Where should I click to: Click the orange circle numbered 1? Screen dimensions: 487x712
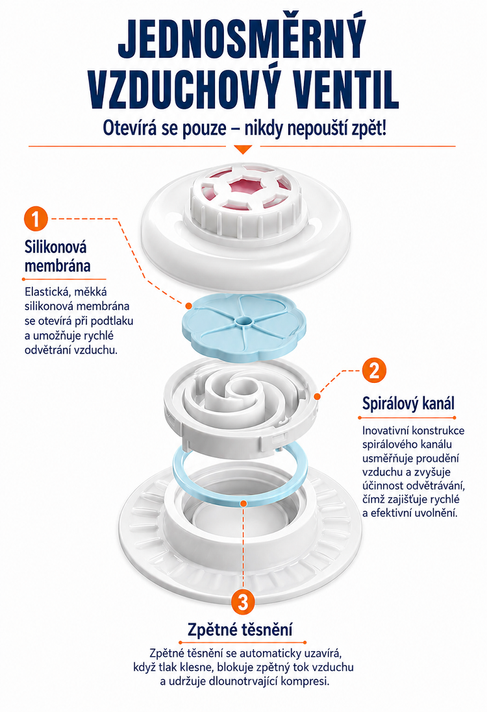pos(36,219)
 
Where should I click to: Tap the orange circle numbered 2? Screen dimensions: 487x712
pos(374,371)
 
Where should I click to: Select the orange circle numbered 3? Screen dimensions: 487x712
pos(243,602)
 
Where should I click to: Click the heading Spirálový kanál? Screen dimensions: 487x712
pos(408,403)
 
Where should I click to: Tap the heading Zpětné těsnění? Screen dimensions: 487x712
pos(240,630)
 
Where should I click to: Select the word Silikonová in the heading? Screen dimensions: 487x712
pos(55,247)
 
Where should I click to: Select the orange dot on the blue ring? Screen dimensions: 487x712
pos(243,504)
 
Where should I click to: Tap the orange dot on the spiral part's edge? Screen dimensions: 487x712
pos(317,397)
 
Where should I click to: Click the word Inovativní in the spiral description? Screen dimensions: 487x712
pos(385,430)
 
